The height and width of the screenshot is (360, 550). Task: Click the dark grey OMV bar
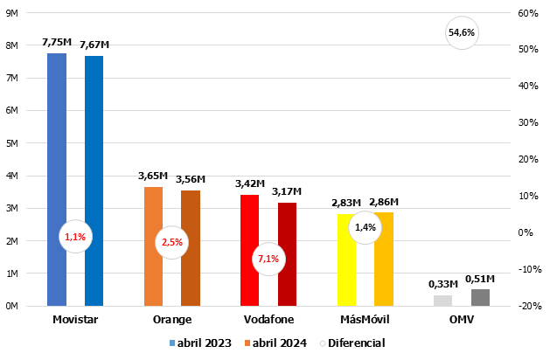pyautogui.click(x=480, y=297)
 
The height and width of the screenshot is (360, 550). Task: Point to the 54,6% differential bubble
pyautogui.click(x=462, y=33)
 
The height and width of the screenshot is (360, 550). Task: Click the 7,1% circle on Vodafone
pyautogui.click(x=268, y=259)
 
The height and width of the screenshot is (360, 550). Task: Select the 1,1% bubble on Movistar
pyautogui.click(x=75, y=237)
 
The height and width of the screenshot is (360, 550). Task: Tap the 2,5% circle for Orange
pyautogui.click(x=171, y=242)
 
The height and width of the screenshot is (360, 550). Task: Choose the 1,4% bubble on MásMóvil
pyautogui.click(x=365, y=227)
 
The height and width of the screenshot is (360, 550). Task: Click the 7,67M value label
pyautogui.click(x=94, y=45)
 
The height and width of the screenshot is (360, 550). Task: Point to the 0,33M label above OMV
pyautogui.click(x=443, y=284)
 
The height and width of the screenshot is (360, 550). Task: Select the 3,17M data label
pyautogui.click(x=287, y=191)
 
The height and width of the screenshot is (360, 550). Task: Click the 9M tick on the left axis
pyautogui.click(x=12, y=13)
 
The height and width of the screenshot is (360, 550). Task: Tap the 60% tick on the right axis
pyautogui.click(x=527, y=13)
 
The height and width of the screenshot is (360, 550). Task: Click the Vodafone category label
pyautogui.click(x=268, y=320)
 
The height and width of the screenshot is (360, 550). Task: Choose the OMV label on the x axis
pyautogui.click(x=461, y=320)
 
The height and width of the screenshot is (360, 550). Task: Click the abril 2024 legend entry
pyautogui.click(x=275, y=343)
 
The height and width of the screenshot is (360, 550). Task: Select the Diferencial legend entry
pyautogui.click(x=352, y=343)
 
